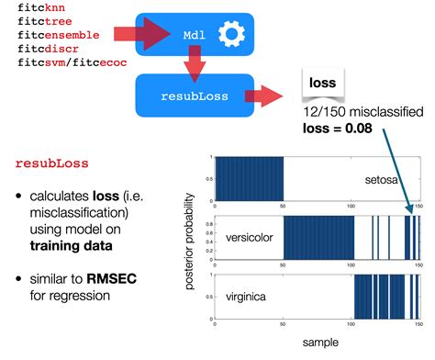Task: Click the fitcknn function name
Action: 41,7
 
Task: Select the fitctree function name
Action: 45,21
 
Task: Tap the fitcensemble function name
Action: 59,35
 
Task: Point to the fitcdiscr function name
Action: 48,49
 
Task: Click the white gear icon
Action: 231,34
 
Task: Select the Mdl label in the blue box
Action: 195,35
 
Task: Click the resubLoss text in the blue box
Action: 195,96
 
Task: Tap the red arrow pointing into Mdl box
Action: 142,34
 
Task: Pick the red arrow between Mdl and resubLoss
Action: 195,63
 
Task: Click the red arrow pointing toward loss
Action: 263,96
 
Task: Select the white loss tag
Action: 323,84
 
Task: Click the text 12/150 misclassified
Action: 363,112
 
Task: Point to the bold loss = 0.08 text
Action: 338,129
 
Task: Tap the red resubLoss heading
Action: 52,163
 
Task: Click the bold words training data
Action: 71,246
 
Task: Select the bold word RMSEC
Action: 112,279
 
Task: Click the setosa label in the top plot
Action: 381,180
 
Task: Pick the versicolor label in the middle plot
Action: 250,238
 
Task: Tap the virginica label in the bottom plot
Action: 246,297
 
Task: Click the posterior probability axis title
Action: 190,242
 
